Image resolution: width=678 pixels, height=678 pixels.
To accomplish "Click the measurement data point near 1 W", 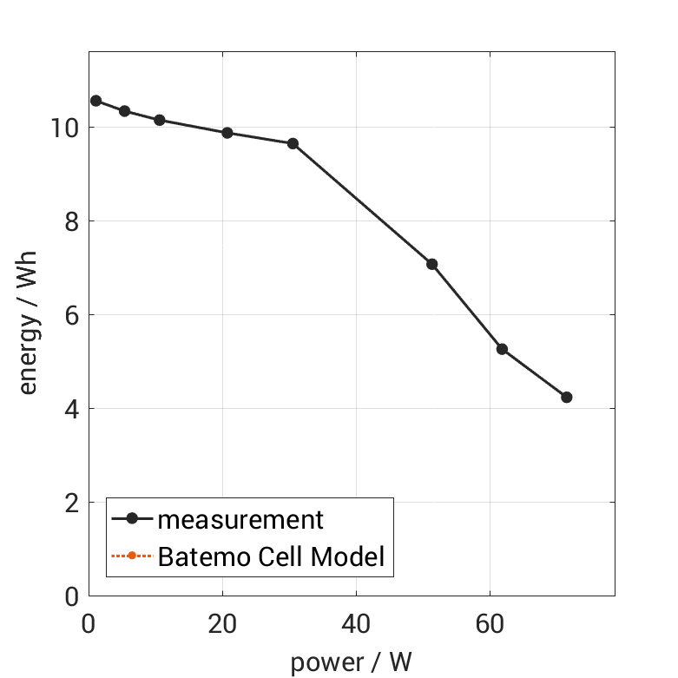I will click(x=95, y=101).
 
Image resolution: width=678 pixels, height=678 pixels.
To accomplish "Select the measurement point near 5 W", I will click(x=124, y=111).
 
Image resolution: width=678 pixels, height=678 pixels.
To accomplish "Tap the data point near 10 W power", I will click(x=160, y=120).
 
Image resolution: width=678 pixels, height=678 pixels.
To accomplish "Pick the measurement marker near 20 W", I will click(x=227, y=133).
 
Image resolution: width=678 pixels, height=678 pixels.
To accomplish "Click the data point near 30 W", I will click(x=293, y=143).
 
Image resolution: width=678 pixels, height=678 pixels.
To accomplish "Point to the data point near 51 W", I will click(x=431, y=264).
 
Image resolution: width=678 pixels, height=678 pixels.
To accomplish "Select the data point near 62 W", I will click(x=502, y=349).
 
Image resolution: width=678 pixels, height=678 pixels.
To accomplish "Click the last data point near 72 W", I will click(x=567, y=397).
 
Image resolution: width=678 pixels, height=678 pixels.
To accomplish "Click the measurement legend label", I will click(x=240, y=519).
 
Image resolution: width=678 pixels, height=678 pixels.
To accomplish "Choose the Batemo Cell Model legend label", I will click(x=271, y=556).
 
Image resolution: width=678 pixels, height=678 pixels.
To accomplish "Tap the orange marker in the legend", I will click(x=132, y=556).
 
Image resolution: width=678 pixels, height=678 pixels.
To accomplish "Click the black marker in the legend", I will click(x=132, y=519).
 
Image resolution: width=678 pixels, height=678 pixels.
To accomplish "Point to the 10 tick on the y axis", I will click(x=65, y=128).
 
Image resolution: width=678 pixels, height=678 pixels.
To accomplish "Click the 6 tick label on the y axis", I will click(x=71, y=315).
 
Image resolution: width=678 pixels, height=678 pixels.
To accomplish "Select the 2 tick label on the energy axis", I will click(x=71, y=503).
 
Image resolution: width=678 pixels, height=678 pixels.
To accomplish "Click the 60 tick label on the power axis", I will click(x=490, y=624).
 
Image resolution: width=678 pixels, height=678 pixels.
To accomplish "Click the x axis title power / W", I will click(x=351, y=662).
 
